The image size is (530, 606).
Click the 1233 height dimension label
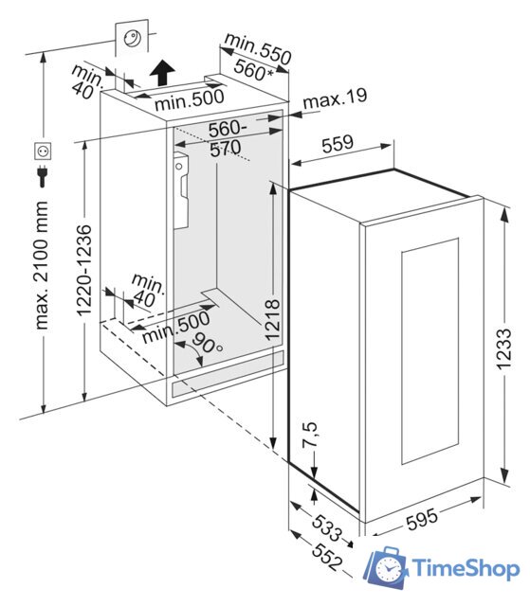(504, 349)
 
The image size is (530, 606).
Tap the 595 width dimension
(422, 519)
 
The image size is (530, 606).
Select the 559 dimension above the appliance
(338, 143)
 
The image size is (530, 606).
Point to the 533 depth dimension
(327, 528)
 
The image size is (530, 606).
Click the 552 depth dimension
(327, 557)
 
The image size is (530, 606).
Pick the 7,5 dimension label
(309, 435)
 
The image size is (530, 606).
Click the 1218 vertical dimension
(273, 320)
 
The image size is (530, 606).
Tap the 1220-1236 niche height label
(84, 270)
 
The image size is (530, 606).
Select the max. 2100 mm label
(42, 265)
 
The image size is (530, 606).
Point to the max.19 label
(335, 98)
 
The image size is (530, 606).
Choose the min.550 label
(258, 49)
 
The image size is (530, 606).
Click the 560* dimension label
(253, 70)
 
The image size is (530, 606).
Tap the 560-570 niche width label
(227, 138)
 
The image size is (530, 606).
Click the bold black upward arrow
(162, 73)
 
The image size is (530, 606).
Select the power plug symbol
(42, 176)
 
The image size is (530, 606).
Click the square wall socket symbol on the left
(43, 151)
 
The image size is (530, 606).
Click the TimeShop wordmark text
(466, 569)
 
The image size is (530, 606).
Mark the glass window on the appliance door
(429, 351)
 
